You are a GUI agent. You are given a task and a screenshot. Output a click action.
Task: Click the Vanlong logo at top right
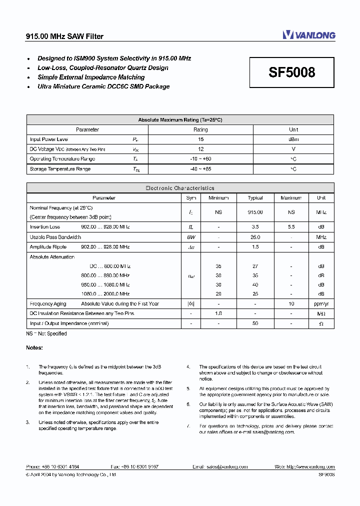click(308, 35)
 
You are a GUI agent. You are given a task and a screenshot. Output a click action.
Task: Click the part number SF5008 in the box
click(292, 72)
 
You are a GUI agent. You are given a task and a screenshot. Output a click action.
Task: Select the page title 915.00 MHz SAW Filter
click(64, 36)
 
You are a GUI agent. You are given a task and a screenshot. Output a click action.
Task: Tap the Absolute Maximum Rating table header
click(180, 120)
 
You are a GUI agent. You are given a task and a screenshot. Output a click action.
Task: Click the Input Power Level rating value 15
click(200, 139)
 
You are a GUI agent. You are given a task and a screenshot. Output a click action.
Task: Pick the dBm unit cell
click(293, 139)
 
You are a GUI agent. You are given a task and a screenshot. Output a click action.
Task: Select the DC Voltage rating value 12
click(200, 149)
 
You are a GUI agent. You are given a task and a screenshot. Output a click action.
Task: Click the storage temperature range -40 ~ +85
click(200, 169)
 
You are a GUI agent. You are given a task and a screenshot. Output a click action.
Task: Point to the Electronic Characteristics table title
click(180, 188)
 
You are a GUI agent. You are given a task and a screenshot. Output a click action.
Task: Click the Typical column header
click(255, 198)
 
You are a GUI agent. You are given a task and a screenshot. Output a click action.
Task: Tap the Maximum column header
click(291, 198)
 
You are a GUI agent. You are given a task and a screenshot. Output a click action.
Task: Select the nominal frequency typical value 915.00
click(255, 212)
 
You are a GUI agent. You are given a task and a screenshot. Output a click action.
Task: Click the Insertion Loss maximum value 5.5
click(291, 227)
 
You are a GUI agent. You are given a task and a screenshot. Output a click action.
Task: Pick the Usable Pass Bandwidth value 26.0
click(255, 237)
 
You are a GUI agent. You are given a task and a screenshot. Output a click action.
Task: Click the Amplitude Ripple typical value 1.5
click(255, 247)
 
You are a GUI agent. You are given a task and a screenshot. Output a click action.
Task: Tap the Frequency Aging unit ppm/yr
click(321, 303)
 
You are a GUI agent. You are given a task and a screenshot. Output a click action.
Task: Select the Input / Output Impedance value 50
click(255, 323)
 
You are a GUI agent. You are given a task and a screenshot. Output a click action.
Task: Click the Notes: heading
click(34, 347)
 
